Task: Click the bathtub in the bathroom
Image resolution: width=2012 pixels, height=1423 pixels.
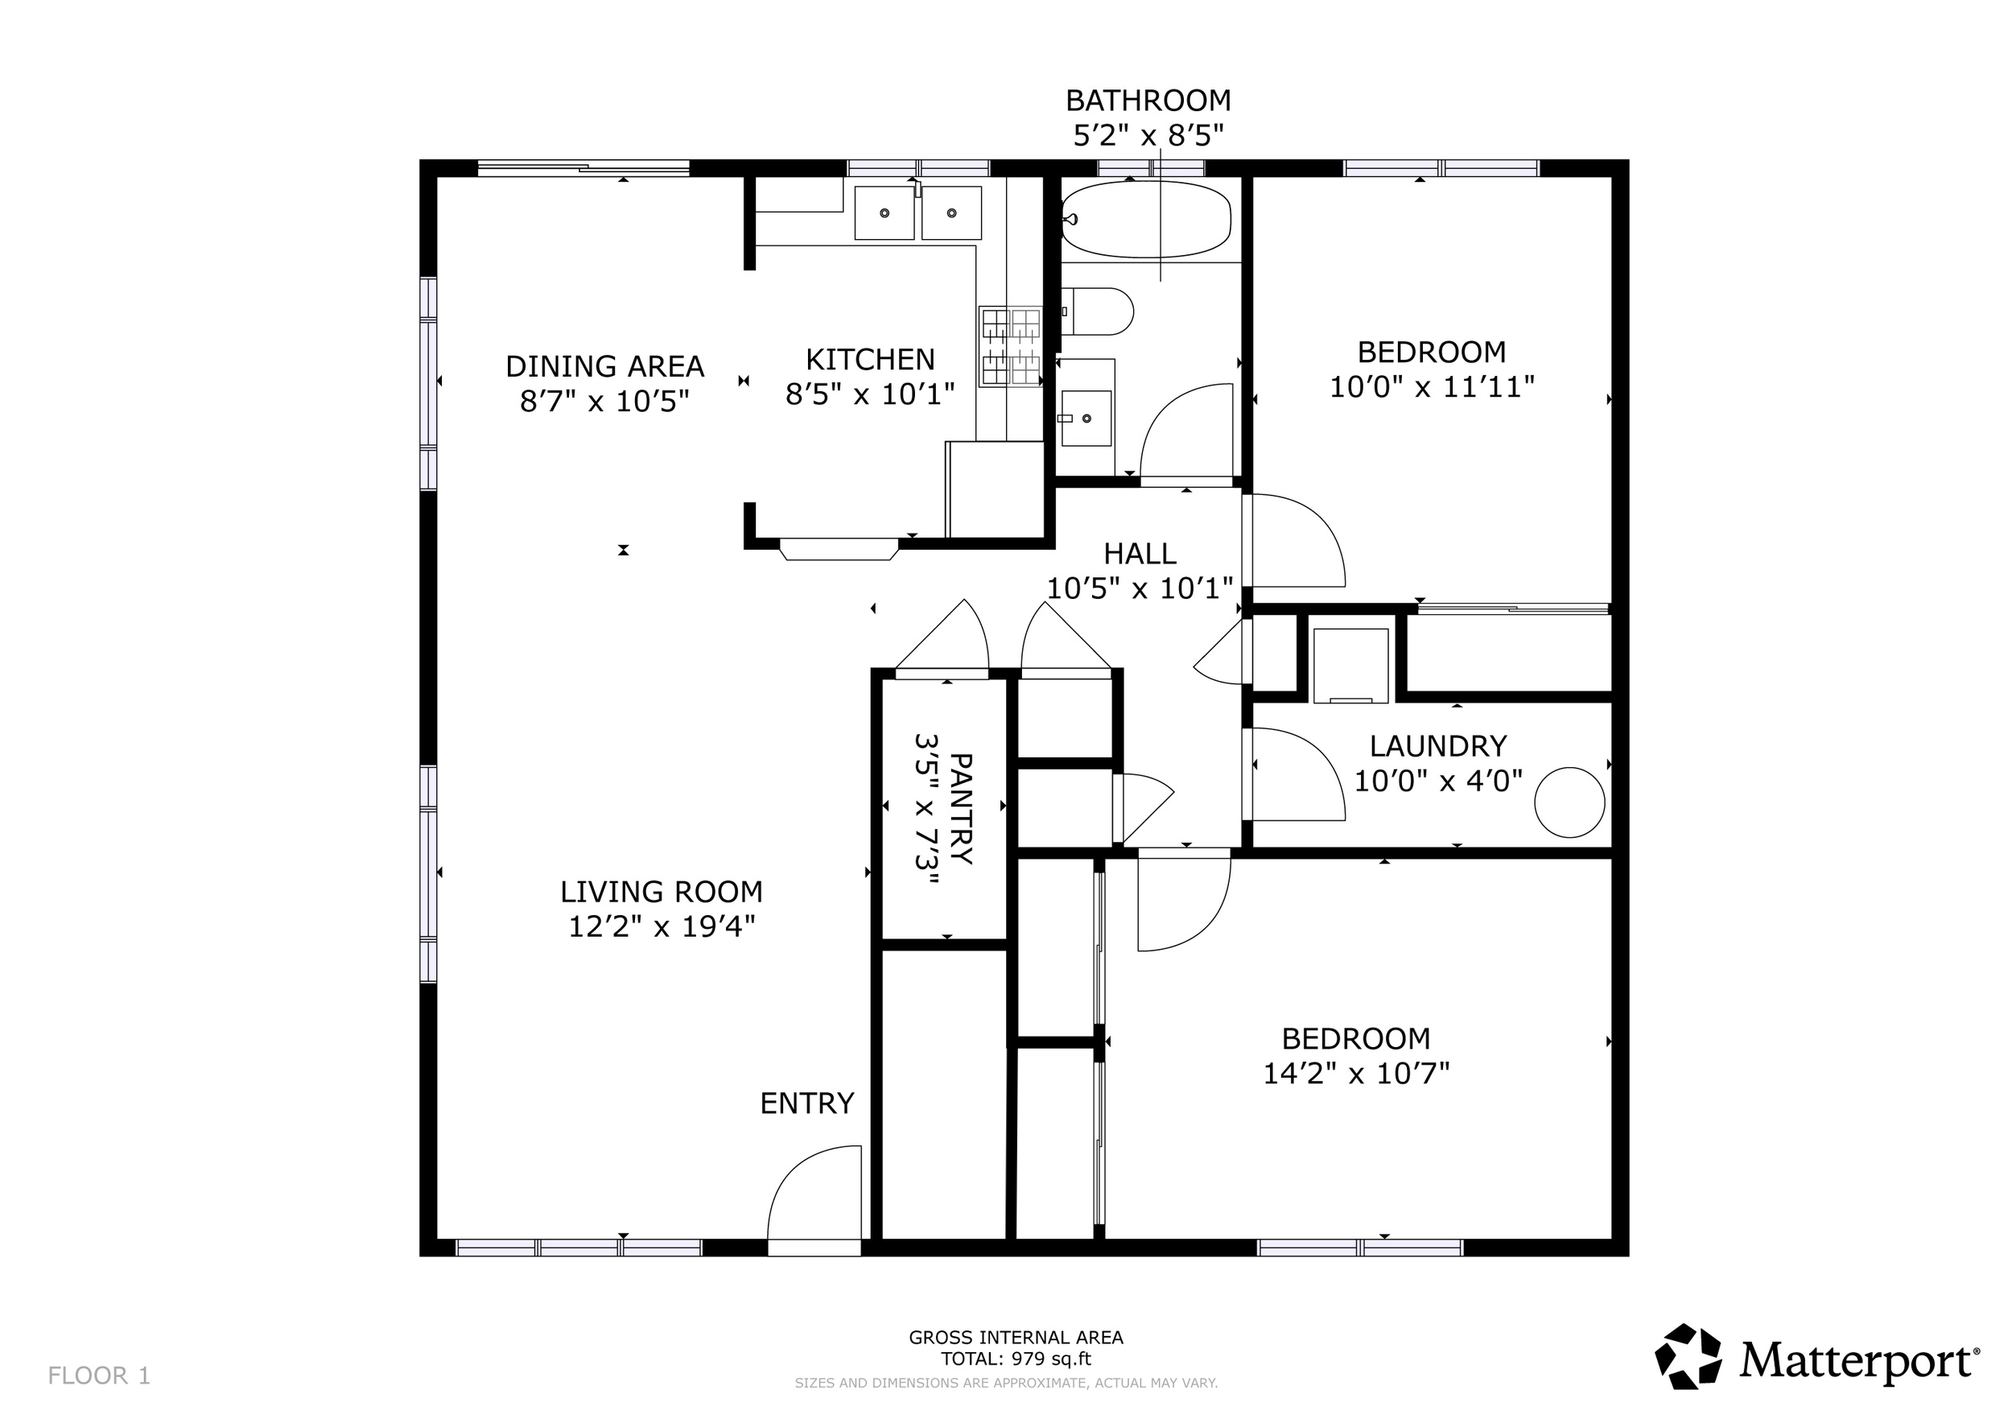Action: (x=1146, y=219)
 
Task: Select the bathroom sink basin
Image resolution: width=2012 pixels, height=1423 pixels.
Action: (x=1086, y=419)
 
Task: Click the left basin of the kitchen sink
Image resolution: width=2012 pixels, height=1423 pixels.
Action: (x=884, y=213)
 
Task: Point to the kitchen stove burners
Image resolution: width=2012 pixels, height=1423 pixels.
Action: (x=1010, y=346)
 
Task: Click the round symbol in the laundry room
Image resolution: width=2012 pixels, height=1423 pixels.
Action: (x=1569, y=802)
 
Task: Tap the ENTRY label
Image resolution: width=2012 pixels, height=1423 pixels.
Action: (x=807, y=1103)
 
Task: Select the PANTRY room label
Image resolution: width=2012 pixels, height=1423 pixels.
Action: (x=961, y=810)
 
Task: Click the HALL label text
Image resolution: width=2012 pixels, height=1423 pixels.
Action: (x=1140, y=554)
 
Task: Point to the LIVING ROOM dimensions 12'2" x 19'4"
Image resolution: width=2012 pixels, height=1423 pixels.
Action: (x=662, y=926)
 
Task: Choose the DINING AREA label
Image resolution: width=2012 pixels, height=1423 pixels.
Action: (x=604, y=366)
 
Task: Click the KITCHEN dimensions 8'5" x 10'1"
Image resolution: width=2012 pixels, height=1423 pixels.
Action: (x=870, y=394)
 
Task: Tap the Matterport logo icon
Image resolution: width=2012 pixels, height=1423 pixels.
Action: (x=1688, y=1356)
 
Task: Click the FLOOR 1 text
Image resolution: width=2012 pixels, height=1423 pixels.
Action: (x=99, y=1376)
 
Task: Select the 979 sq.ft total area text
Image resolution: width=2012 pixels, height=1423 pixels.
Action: (x=1052, y=1359)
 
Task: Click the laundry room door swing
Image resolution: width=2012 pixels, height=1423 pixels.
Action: (x=1298, y=774)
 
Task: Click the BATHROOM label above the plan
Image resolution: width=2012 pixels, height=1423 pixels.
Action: (x=1148, y=101)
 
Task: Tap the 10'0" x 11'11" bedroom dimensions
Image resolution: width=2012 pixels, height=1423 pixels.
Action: (x=1433, y=386)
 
